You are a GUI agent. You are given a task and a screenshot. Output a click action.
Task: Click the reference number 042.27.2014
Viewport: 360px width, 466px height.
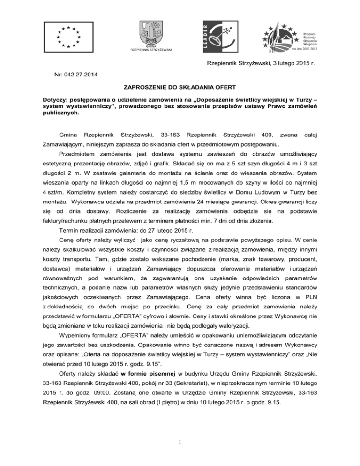pyautogui.click(x=82, y=74)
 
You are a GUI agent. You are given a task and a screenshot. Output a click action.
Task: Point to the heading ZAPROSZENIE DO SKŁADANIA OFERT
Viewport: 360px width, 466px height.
pyautogui.click(x=180, y=87)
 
